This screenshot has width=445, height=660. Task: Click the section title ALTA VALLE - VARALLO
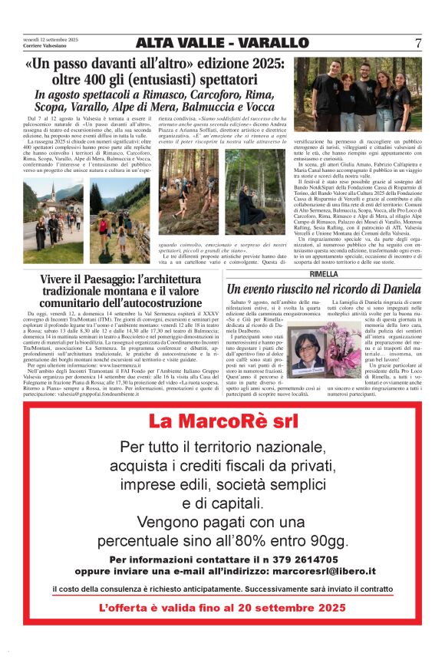click(x=222, y=43)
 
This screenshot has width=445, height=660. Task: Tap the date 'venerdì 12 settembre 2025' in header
click(x=51, y=38)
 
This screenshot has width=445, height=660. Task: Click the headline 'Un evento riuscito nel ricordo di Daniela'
click(x=323, y=289)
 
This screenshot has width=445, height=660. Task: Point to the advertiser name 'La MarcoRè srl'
click(x=222, y=421)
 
